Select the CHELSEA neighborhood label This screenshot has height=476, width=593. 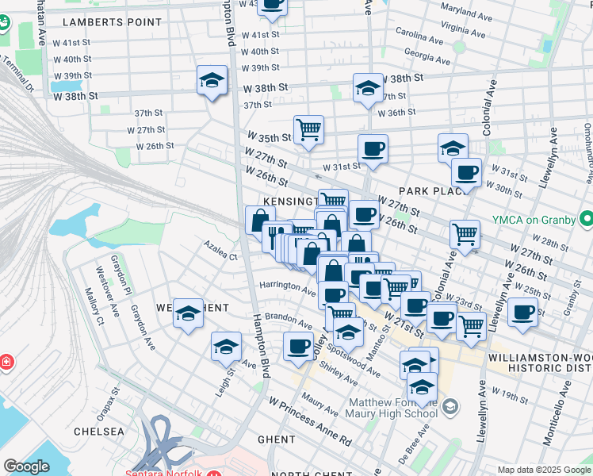(99, 432)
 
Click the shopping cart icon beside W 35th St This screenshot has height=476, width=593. (308, 129)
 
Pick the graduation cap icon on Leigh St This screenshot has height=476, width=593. (226, 347)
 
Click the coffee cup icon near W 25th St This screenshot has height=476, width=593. (522, 312)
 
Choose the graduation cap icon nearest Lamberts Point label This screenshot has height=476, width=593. (212, 80)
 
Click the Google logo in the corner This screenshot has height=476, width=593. (26, 466)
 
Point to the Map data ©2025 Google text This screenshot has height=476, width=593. (543, 470)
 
